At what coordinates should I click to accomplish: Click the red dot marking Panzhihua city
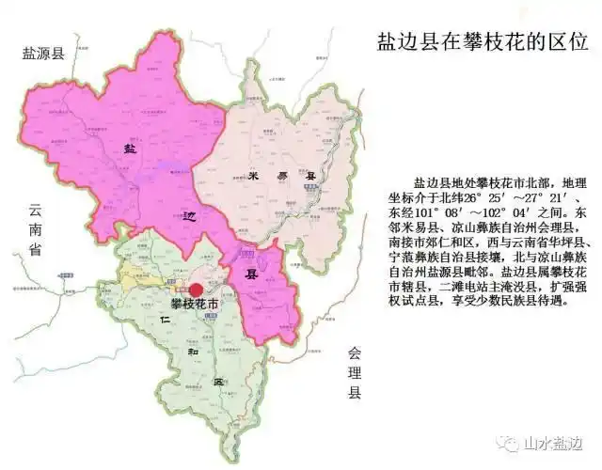[x=197, y=291]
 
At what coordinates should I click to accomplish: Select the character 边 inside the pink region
[x=190, y=214]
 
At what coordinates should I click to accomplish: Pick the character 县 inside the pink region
[x=250, y=276]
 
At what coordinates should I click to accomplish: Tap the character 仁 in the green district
[x=166, y=321]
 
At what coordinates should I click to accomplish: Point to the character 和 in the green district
[x=192, y=355]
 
